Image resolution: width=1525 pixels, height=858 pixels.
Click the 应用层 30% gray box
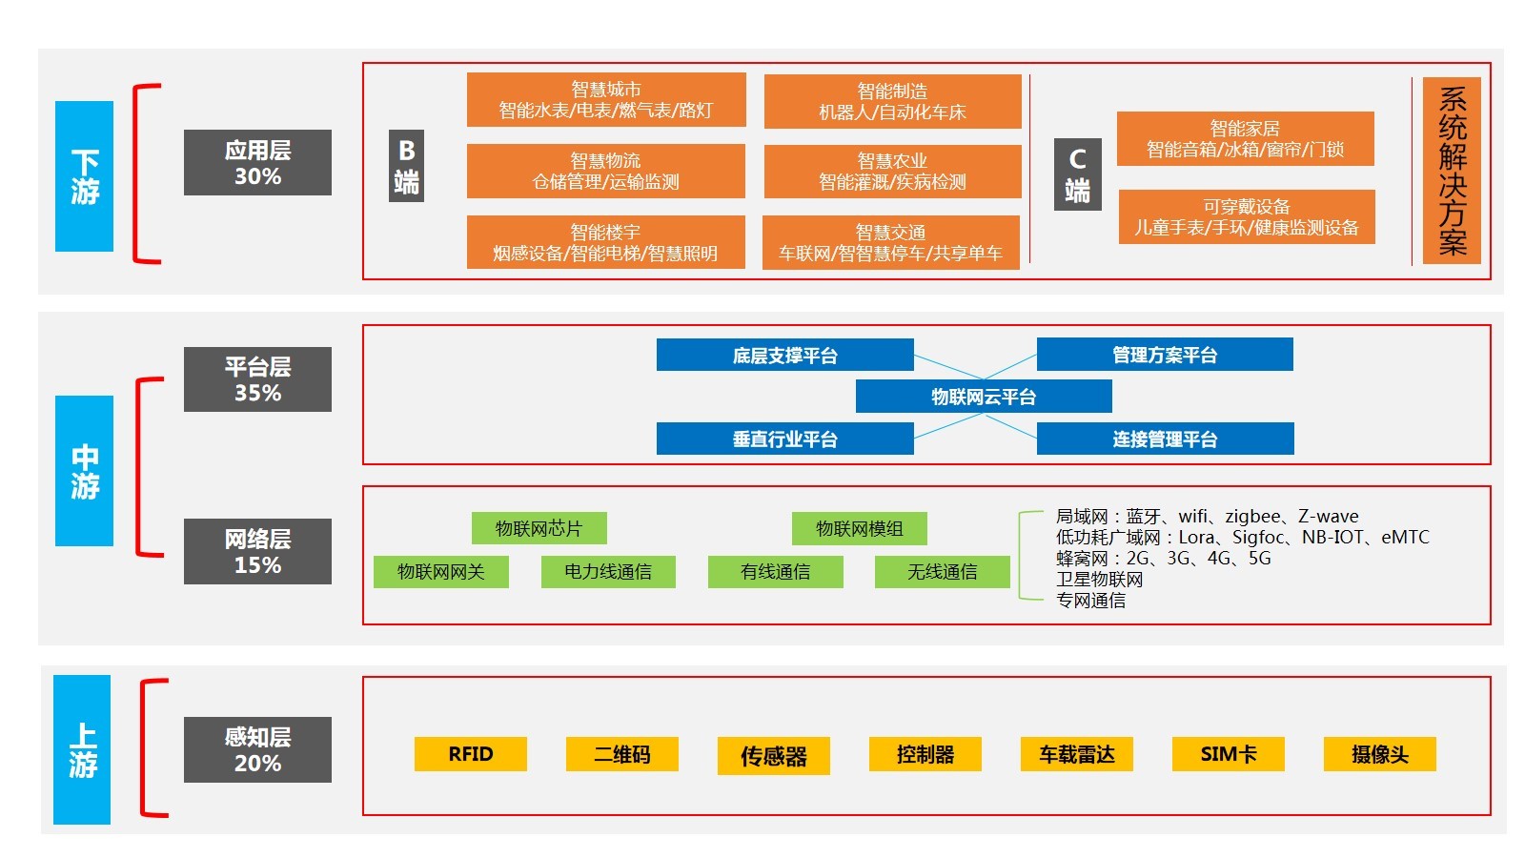[257, 163]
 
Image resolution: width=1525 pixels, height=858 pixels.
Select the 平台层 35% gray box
[257, 379]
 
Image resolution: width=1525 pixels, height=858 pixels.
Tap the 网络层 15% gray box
[257, 551]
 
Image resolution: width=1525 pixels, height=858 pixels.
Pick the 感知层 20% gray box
[257, 749]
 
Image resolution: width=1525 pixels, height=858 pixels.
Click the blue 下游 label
[84, 176]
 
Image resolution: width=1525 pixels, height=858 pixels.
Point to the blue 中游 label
[84, 471]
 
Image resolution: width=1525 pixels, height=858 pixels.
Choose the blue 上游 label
[82, 749]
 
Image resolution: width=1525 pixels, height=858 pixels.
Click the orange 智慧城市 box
[606, 100]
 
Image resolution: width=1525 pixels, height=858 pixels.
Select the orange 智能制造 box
[892, 101]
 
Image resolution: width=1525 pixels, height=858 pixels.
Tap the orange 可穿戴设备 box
[1247, 216]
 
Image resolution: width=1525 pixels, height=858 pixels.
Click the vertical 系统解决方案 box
[1452, 171]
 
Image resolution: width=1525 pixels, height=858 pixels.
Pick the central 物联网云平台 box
[984, 397]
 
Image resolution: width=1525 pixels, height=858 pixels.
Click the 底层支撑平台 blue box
[784, 356]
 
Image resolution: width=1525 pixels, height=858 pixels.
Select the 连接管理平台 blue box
[1165, 439]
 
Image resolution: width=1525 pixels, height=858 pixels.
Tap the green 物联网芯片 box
[539, 528]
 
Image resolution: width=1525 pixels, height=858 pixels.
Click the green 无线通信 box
[942, 571]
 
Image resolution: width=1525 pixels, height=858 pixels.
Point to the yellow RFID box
[471, 754]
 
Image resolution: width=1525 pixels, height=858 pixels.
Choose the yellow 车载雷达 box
[1077, 754]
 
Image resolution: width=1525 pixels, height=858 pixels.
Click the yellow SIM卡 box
[1229, 754]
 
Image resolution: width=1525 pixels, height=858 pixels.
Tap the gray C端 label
[1078, 174]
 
